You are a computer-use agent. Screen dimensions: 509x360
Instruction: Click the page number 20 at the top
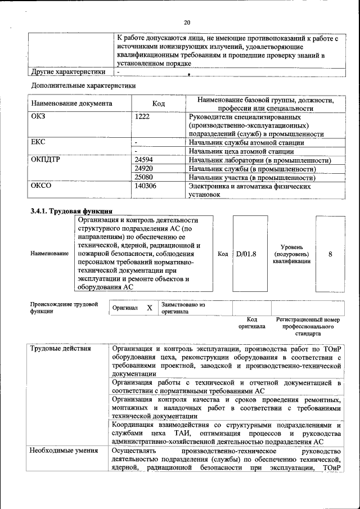[x=187, y=22]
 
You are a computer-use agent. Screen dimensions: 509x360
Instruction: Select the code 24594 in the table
[x=145, y=160]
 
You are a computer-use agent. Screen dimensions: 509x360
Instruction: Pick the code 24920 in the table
[x=145, y=169]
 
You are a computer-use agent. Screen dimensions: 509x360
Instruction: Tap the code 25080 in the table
[x=145, y=177]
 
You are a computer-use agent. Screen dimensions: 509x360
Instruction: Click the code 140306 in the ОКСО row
[x=146, y=186]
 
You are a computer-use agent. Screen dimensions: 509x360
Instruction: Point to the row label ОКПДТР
[x=46, y=160]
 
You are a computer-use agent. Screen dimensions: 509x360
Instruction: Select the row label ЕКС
[x=38, y=142]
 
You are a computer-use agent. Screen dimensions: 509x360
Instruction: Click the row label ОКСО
[x=41, y=186]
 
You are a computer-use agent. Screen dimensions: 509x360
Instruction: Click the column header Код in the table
[x=159, y=103]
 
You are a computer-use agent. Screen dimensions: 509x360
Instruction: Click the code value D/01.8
[x=246, y=254]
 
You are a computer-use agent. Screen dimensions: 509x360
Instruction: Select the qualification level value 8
[x=330, y=254]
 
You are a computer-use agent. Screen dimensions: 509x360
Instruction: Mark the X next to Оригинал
[x=149, y=308]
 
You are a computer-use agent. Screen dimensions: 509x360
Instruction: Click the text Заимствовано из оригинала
[x=183, y=308]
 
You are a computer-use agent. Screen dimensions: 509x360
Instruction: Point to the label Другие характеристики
[x=68, y=72]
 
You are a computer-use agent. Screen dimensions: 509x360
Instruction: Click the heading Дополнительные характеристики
[x=83, y=85]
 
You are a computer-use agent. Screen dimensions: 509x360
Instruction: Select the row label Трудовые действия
[x=61, y=348]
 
